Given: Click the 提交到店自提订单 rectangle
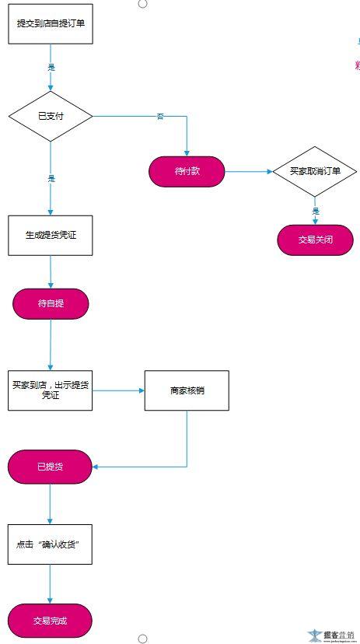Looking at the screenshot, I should [x=51, y=23].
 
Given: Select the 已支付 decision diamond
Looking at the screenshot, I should [x=51, y=117].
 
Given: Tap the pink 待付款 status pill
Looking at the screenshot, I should [x=187, y=171].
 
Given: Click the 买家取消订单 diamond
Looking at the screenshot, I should [x=314, y=171].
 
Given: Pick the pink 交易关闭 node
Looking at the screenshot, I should [x=315, y=240].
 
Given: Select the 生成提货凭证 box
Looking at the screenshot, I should [x=51, y=235].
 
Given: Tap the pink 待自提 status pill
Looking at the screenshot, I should [x=51, y=303].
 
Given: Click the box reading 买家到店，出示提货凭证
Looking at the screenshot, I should [x=51, y=390].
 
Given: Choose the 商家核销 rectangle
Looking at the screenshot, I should [x=187, y=390].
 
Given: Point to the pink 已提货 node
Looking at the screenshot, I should [x=51, y=467].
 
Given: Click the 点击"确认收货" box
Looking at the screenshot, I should [x=51, y=544].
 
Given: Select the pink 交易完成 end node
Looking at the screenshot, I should [x=51, y=621].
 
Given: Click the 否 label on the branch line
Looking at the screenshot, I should [x=160, y=117].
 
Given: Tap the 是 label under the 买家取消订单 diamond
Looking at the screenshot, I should [x=316, y=211].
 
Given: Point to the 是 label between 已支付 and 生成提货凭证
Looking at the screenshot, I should [x=51, y=178].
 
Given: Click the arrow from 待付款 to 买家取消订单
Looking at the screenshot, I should [x=248, y=171].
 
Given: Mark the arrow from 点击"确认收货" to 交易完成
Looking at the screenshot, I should [x=51, y=583].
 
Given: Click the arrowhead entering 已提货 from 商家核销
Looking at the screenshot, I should [x=96, y=467].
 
